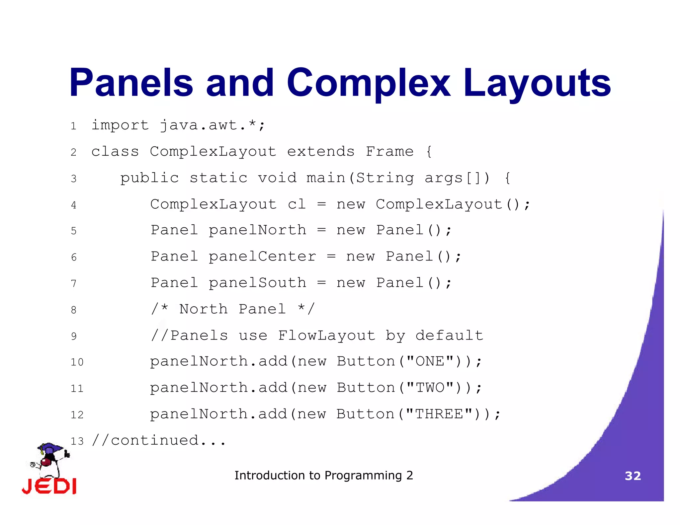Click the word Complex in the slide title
click(x=369, y=83)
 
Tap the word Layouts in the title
click(x=537, y=83)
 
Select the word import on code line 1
click(x=120, y=125)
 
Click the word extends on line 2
click(x=321, y=152)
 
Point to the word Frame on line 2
click(x=389, y=152)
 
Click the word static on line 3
click(x=218, y=178)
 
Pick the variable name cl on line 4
click(x=297, y=204)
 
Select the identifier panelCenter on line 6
click(x=262, y=257)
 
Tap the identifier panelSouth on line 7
click(x=257, y=283)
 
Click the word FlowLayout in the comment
click(x=326, y=336)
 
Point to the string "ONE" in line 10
click(x=430, y=361)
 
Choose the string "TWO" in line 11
click(x=430, y=388)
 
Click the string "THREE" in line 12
click(x=439, y=414)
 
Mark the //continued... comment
click(x=159, y=441)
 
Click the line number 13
click(x=77, y=441)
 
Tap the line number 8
click(x=74, y=310)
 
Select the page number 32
click(x=633, y=476)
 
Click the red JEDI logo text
click(x=49, y=486)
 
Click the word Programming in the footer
click(x=363, y=476)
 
